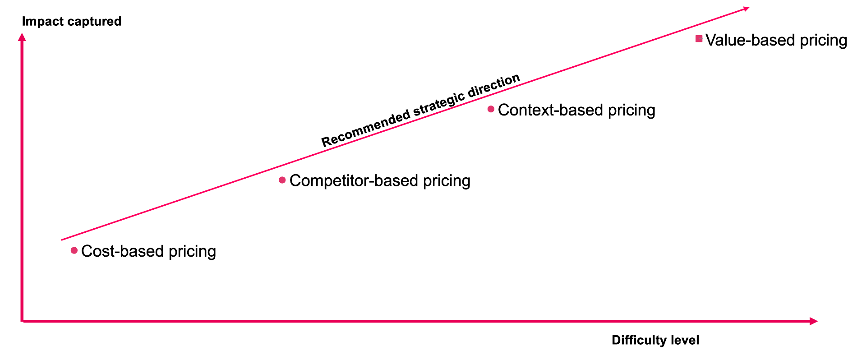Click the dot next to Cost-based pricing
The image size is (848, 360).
[74, 250]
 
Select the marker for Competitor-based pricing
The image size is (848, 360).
[282, 180]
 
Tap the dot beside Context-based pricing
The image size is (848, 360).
[491, 109]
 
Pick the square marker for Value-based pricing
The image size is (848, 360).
[699, 39]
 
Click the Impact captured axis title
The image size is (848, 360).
[72, 21]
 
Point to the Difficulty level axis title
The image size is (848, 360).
[655, 340]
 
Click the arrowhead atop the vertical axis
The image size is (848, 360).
[22, 37]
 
